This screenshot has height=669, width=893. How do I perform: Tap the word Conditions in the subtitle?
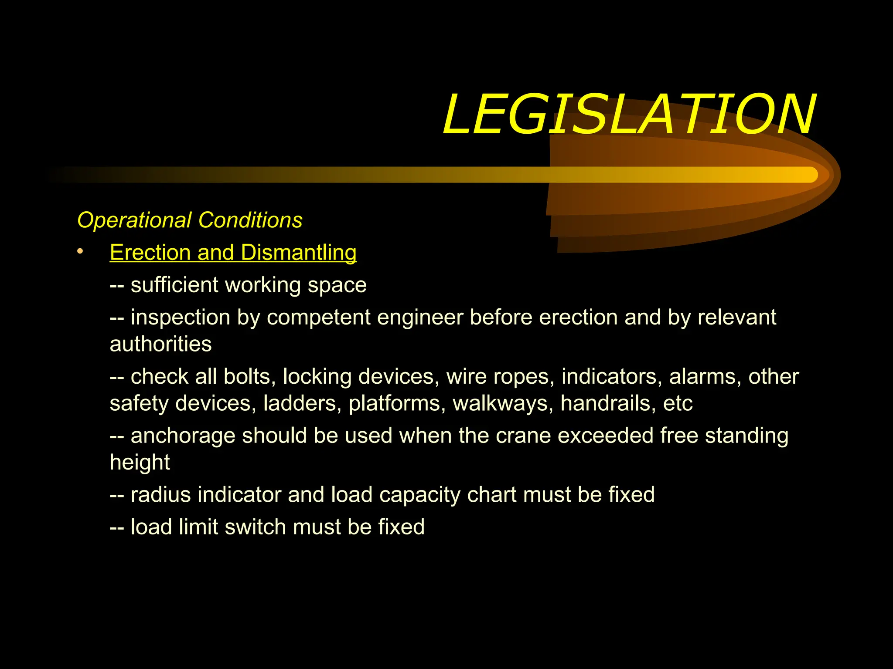pyautogui.click(x=250, y=220)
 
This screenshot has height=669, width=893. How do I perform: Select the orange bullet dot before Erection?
pyautogui.click(x=80, y=251)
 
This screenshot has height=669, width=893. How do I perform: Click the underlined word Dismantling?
pyautogui.click(x=298, y=253)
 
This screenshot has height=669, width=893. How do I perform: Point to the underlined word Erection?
pyautogui.click(x=150, y=253)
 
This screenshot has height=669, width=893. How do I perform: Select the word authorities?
pyautogui.click(x=160, y=344)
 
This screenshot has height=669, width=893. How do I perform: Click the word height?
pyautogui.click(x=140, y=463)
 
